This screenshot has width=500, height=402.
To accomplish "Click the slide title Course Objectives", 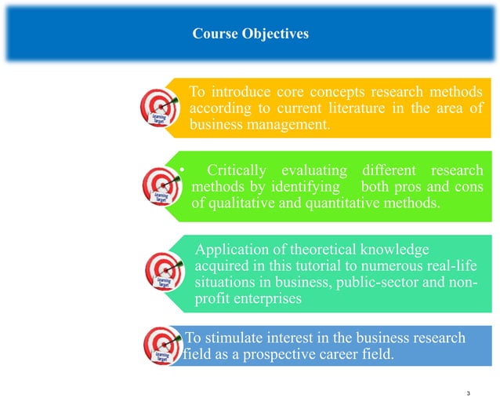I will click(x=250, y=34).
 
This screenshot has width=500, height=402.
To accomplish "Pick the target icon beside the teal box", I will click(x=164, y=270).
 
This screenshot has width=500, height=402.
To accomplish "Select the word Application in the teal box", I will click(x=235, y=250).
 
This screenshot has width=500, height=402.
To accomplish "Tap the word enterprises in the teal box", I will click(x=265, y=301).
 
